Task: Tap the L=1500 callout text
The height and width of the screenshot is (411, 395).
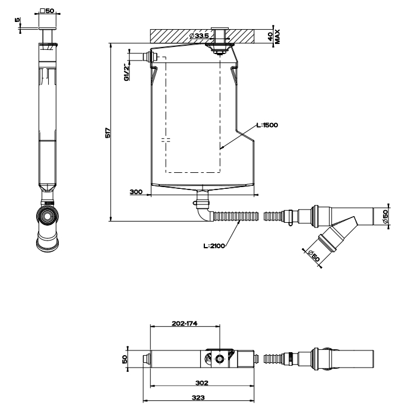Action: [267, 125]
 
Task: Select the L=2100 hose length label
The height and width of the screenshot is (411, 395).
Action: [213, 246]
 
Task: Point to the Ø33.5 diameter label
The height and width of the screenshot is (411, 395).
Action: [199, 36]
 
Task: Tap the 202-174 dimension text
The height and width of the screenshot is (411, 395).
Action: [185, 324]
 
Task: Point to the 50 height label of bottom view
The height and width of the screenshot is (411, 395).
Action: [125, 359]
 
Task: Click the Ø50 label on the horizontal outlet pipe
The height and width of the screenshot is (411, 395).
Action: [385, 217]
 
